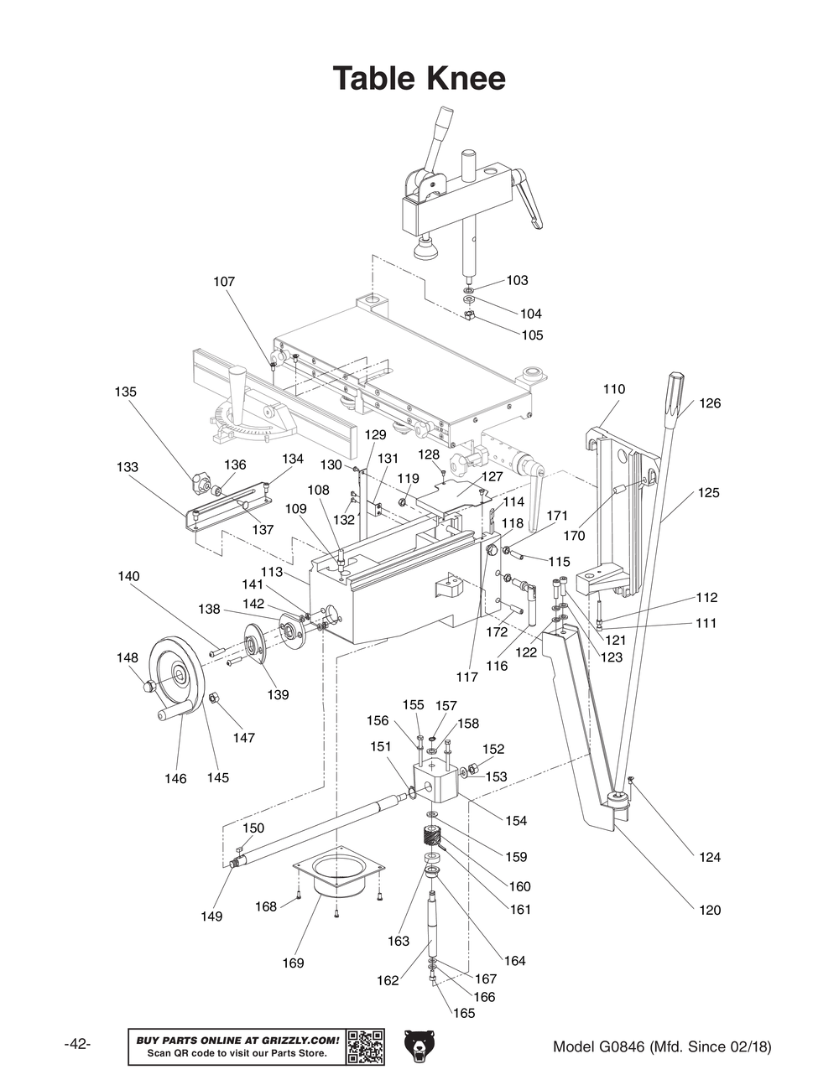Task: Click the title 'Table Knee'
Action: coord(419,78)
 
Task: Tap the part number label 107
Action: coord(224,282)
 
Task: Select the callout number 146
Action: coord(175,778)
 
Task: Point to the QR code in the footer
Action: coord(365,1046)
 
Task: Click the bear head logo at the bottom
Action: coord(419,1046)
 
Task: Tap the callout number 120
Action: coord(710,910)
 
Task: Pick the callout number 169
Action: coord(293,963)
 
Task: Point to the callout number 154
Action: coord(516,820)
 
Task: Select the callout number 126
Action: coord(710,403)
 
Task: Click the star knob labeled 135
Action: coord(200,482)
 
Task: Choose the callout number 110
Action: coord(614,389)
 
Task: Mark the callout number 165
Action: coord(464,1013)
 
